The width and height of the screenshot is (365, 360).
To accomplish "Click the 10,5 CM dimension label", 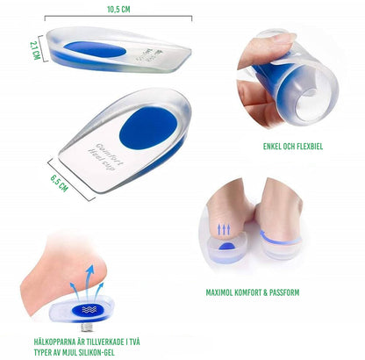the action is pyautogui.click(x=118, y=10).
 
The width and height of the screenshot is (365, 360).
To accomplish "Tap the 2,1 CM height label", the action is pyautogui.click(x=35, y=50).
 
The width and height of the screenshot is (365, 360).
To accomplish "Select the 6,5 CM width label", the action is pyautogui.click(x=60, y=183).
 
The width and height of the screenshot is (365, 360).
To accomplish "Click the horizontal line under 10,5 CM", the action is pyautogui.click(x=118, y=18).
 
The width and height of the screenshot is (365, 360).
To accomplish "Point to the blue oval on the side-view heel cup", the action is pyautogui.click(x=97, y=49).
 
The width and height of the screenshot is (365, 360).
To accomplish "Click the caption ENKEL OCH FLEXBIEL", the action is pyautogui.click(x=293, y=147).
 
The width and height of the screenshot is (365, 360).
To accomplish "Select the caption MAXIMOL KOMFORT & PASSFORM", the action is pyautogui.click(x=253, y=292).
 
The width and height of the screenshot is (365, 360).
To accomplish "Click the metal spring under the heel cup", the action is pyautogui.click(x=87, y=326).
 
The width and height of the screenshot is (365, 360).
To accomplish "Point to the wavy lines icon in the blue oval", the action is pyautogui.click(x=89, y=309).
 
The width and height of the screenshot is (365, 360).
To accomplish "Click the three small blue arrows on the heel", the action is pyautogui.click(x=224, y=229).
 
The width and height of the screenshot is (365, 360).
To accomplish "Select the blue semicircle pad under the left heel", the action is pyautogui.click(x=228, y=247).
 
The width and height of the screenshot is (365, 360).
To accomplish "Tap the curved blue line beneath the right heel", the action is pyautogui.click(x=279, y=239).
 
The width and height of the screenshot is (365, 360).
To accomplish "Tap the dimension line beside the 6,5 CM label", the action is pyautogui.click(x=72, y=179).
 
